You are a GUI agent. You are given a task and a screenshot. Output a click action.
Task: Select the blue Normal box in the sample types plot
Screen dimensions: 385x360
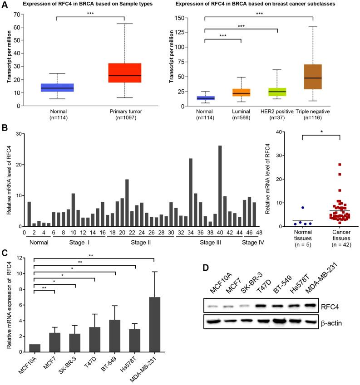[x=57, y=88]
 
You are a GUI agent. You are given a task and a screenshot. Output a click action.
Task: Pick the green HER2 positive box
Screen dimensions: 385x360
[x=277, y=92]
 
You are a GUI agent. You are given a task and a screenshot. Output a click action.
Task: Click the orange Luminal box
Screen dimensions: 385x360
[x=241, y=93]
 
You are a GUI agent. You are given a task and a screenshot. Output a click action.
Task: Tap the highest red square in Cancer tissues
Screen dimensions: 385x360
[x=327, y=165]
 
